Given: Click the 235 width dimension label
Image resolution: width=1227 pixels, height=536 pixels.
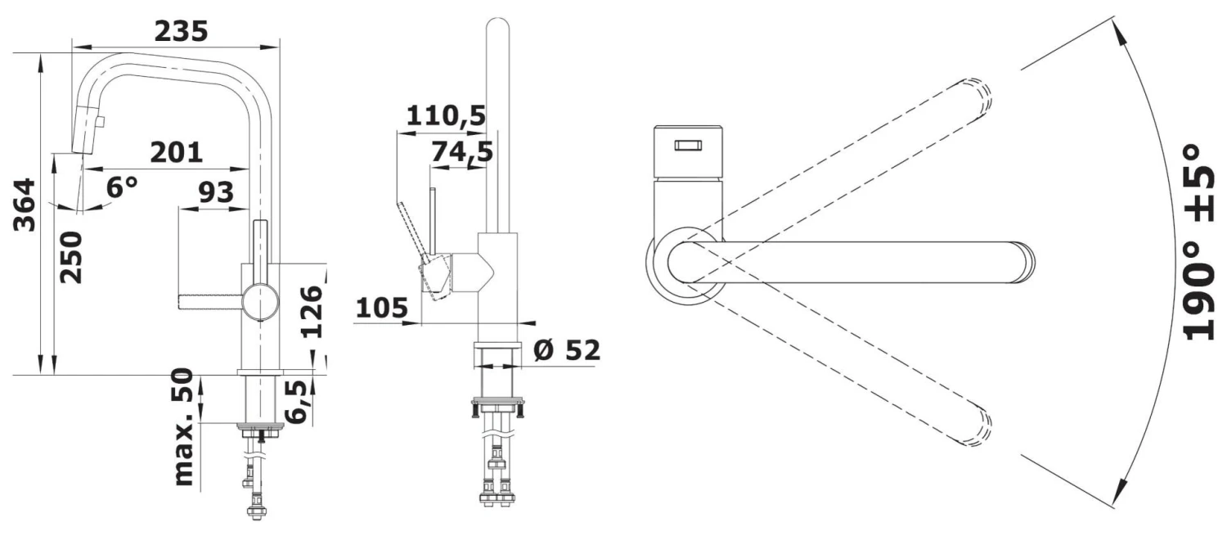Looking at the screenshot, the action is (182, 31).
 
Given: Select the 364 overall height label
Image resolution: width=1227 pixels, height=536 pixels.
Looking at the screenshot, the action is (25, 205).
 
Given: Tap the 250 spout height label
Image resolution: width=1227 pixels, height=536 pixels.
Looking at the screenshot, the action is (71, 257).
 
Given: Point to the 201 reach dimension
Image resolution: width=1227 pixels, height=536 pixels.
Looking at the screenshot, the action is (177, 152).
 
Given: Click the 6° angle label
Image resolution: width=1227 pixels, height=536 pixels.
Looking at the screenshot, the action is (122, 187).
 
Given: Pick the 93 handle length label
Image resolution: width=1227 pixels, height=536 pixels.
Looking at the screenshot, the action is (216, 192).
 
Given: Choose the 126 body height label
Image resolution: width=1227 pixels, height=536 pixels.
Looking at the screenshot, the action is (312, 311).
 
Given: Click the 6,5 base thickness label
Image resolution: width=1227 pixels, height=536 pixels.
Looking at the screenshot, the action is (296, 402).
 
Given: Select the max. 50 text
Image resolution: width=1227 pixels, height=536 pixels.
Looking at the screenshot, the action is (184, 427).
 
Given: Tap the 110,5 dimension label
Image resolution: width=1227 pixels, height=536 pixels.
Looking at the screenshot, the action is (447, 115).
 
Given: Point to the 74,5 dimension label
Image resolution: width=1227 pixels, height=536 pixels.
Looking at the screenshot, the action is (462, 152).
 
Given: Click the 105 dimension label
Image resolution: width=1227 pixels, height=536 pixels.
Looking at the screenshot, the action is (382, 308).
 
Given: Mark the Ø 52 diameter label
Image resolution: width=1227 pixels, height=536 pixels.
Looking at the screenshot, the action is (566, 350).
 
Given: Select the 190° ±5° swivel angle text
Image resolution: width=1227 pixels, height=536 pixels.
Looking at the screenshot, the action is (1198, 242).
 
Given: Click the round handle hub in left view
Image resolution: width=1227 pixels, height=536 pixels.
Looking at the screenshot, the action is (261, 303).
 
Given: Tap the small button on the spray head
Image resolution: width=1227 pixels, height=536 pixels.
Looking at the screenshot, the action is (101, 122).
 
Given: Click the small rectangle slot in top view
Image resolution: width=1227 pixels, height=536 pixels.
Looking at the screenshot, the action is (688, 145).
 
